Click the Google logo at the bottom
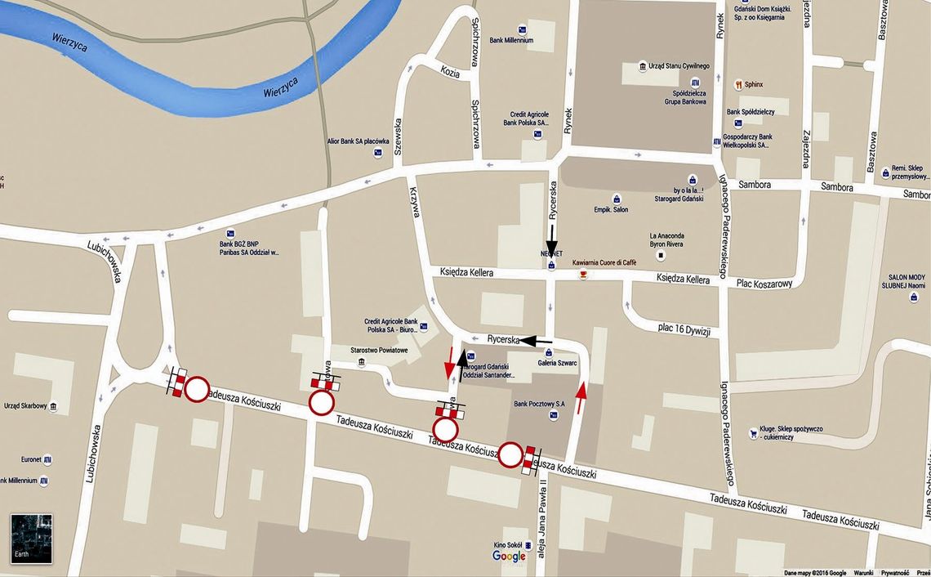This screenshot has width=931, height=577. coord(509,557)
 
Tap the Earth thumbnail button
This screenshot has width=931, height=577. coord(32,539)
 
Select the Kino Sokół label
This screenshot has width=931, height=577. coord(508,543)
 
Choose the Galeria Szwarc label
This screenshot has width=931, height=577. coord(557,362)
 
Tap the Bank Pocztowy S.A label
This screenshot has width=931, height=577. coord(539,404)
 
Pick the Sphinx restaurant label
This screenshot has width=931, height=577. coord(753,83)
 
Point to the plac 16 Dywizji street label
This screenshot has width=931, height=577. coord(684,329)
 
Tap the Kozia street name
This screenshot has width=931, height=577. coord(450,72)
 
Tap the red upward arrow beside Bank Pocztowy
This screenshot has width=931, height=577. coord(581,398)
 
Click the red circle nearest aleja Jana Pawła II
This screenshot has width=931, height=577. coord(511,455)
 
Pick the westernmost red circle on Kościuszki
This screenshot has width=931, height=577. coord(197,390)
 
